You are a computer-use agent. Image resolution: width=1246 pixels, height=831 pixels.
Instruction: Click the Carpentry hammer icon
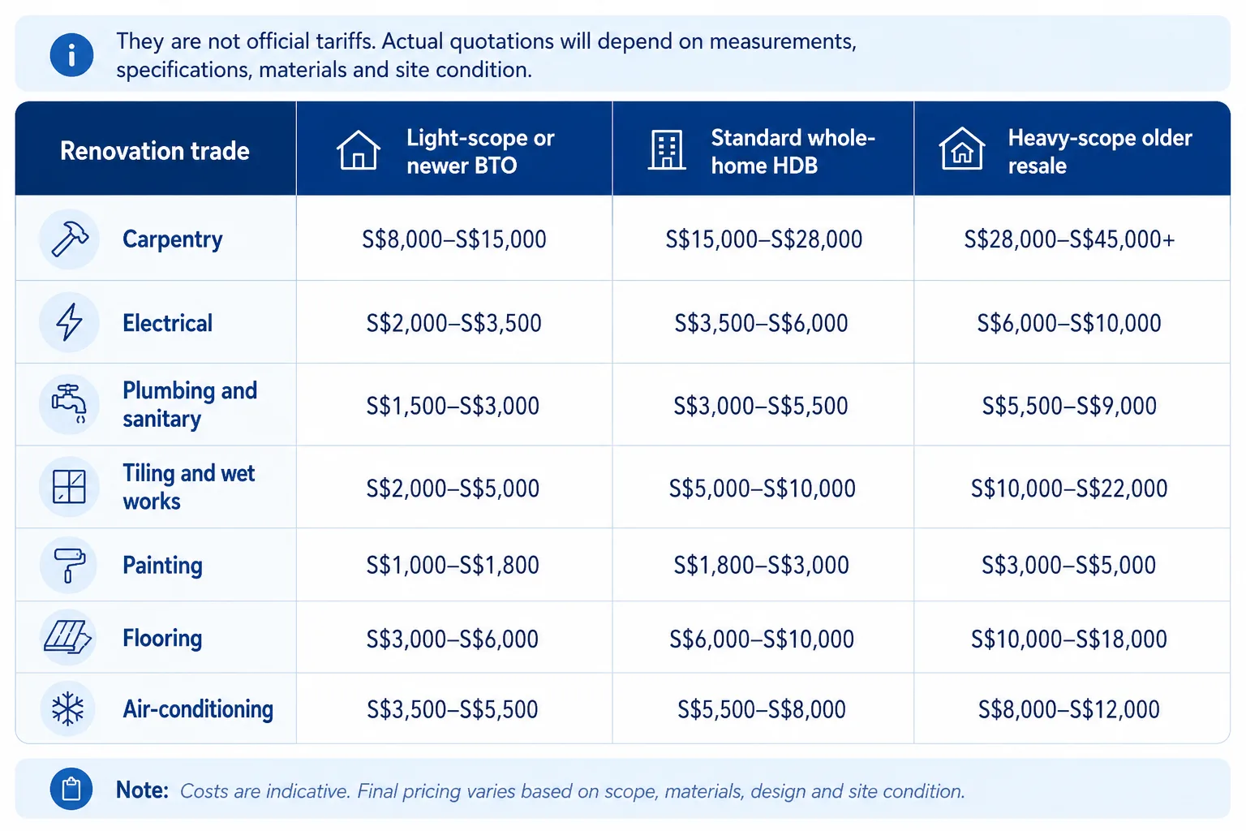click(x=70, y=239)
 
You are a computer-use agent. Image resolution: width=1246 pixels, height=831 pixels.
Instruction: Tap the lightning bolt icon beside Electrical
click(x=69, y=321)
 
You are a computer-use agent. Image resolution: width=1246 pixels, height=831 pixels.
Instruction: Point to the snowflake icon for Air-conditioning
click(x=68, y=708)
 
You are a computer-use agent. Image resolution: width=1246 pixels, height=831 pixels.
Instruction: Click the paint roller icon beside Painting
click(x=69, y=565)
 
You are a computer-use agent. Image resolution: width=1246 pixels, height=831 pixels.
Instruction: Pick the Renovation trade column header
click(x=155, y=151)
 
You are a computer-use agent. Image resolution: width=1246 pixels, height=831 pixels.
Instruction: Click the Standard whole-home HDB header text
click(x=793, y=152)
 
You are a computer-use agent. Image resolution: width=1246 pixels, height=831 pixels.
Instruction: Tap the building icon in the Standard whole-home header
click(x=666, y=149)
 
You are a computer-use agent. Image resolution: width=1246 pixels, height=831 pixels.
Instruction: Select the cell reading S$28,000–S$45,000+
click(x=1069, y=239)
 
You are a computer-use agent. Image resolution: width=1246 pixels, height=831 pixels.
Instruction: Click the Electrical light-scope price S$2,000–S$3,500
click(x=454, y=323)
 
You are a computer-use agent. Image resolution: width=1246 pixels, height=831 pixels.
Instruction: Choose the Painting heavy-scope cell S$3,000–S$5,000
click(x=1068, y=565)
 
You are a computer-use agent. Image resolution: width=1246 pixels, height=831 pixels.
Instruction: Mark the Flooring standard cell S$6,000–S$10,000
click(x=762, y=639)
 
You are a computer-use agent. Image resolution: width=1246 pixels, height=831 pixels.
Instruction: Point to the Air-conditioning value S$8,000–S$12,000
click(x=1069, y=709)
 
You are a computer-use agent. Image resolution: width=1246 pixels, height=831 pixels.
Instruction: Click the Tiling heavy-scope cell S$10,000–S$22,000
click(x=1068, y=489)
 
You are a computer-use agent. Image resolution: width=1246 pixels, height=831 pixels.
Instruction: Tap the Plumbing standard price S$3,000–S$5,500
click(x=761, y=406)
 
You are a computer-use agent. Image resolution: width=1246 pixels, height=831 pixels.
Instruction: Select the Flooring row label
click(x=162, y=638)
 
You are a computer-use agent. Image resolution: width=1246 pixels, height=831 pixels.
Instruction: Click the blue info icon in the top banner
click(x=71, y=55)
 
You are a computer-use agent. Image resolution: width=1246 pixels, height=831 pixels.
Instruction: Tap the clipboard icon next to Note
click(x=71, y=789)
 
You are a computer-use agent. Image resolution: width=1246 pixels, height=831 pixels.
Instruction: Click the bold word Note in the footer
click(x=142, y=790)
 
